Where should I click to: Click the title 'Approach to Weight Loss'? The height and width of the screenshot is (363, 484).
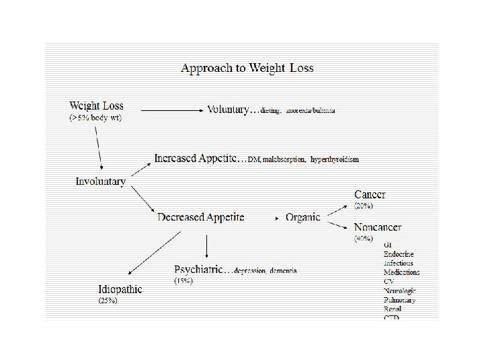click(x=247, y=68)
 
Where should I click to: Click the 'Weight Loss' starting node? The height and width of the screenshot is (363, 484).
click(x=96, y=106)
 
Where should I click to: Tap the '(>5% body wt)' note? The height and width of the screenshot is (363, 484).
click(x=95, y=118)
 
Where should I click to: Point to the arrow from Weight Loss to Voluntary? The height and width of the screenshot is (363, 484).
click(x=171, y=110)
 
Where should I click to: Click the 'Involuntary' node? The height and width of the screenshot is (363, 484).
click(x=100, y=182)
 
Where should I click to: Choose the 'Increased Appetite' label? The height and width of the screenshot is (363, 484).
click(x=198, y=159)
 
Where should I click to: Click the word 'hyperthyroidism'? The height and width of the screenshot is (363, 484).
click(x=334, y=160)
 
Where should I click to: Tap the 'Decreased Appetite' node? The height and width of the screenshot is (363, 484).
click(x=200, y=217)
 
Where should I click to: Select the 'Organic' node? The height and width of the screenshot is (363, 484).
click(x=302, y=217)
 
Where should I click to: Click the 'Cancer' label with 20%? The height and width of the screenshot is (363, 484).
click(x=370, y=195)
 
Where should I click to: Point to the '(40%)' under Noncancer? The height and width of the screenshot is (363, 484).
click(x=364, y=238)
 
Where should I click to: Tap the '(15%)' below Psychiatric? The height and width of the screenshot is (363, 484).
click(x=183, y=280)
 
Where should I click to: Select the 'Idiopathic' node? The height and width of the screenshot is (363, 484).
click(x=120, y=290)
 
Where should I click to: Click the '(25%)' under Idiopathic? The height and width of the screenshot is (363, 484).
click(x=108, y=300)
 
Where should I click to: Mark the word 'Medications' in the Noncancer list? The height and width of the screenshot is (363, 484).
click(x=401, y=272)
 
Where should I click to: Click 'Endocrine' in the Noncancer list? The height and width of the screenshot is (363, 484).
click(x=399, y=254)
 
